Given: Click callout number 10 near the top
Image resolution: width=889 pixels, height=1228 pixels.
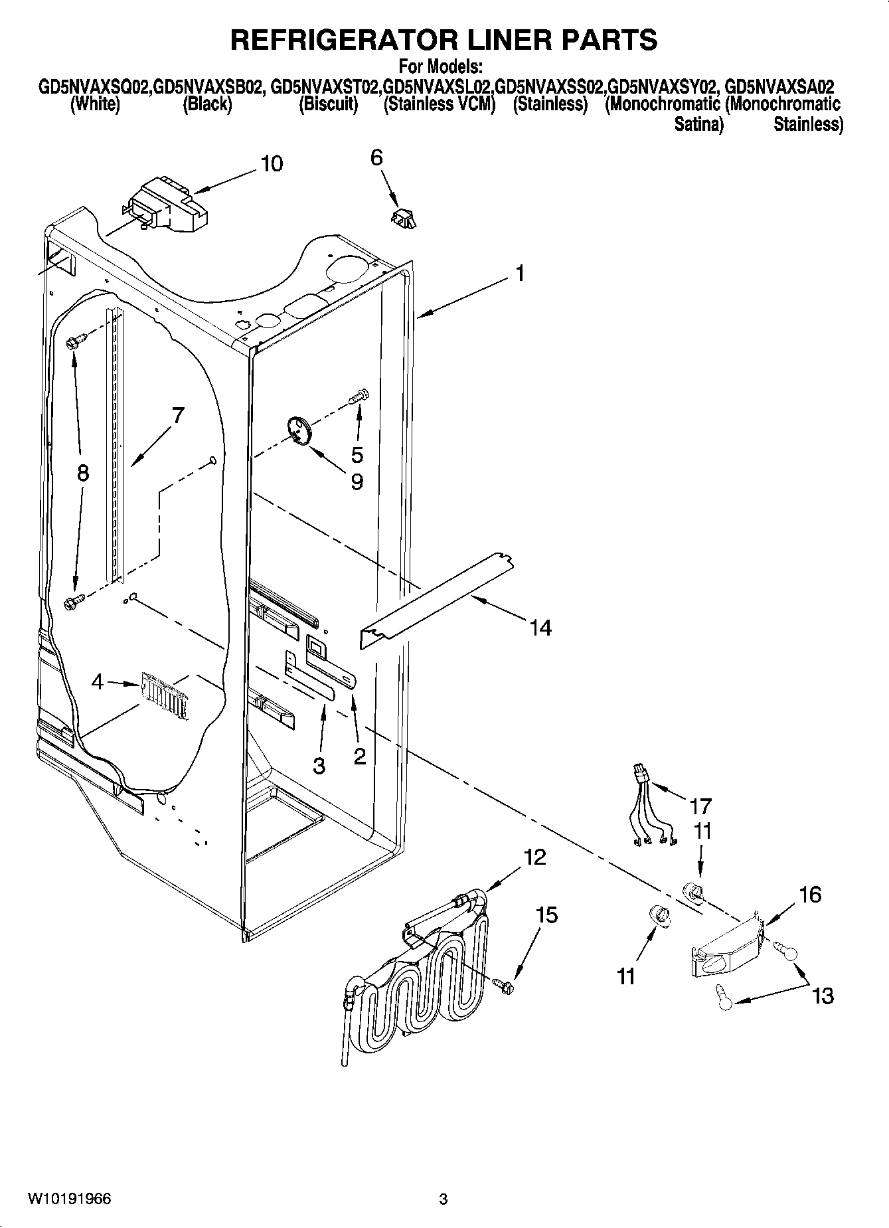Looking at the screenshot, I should tap(272, 163).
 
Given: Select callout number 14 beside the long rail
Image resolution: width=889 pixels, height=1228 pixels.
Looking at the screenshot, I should tap(541, 627).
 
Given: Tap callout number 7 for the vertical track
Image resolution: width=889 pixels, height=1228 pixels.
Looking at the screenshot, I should tap(177, 416).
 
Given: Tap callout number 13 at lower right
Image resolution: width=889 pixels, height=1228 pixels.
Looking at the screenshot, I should tap(823, 996).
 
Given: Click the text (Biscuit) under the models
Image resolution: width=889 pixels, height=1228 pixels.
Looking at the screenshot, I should tap(328, 105).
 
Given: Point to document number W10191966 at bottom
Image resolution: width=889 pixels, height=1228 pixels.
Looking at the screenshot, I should tap(69, 1199).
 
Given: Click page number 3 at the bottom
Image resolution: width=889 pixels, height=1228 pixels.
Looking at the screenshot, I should tap(444, 1199).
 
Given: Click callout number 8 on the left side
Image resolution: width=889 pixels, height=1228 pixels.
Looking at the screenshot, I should tap(82, 473).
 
